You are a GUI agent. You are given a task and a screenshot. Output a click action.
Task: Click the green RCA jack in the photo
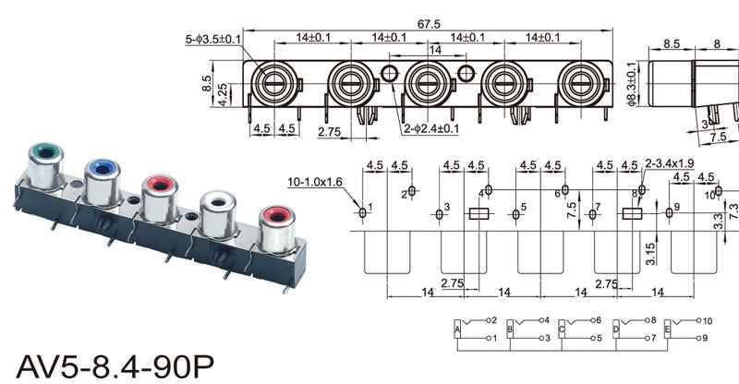click(x=44, y=166)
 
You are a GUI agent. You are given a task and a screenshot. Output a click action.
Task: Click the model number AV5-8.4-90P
click(x=115, y=366)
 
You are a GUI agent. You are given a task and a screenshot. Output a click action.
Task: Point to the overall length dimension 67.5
click(x=429, y=24)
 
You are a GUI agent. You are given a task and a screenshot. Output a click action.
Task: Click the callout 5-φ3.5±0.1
click(x=213, y=39)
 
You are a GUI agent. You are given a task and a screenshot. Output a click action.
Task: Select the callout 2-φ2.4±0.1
click(x=430, y=128)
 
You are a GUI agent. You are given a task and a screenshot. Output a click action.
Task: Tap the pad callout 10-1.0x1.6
click(x=315, y=182)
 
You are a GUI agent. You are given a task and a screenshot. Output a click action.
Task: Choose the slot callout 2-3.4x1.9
click(x=669, y=163)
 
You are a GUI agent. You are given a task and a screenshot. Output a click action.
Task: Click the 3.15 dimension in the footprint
click(x=650, y=254)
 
